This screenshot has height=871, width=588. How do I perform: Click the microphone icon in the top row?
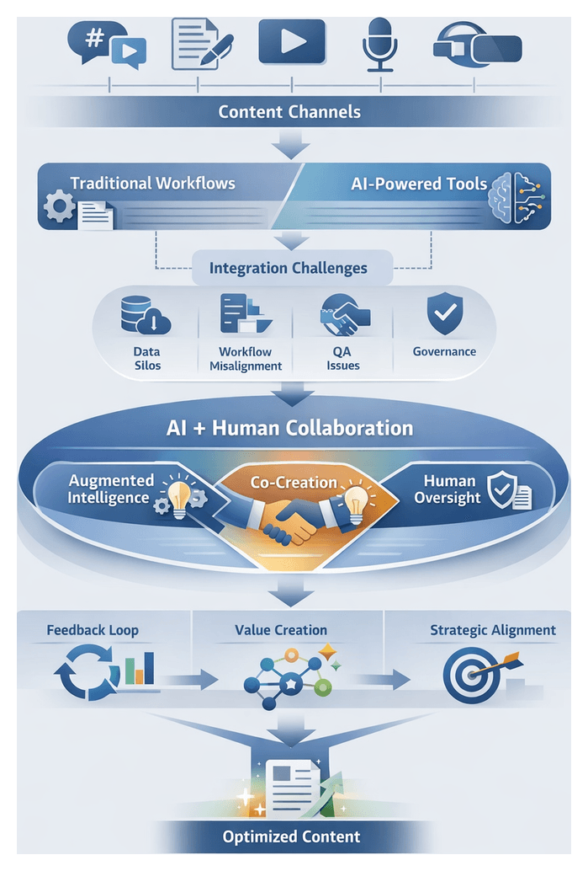[x=380, y=43]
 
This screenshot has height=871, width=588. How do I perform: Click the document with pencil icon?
[x=199, y=43]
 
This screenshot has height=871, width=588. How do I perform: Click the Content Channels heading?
[x=289, y=111]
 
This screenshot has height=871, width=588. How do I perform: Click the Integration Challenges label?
[x=289, y=269]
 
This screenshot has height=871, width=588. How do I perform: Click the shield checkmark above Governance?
[x=443, y=313]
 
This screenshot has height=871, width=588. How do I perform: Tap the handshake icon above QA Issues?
[x=342, y=317]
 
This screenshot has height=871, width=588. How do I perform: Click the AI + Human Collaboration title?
[x=289, y=427]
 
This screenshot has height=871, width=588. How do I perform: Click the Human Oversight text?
[x=449, y=489]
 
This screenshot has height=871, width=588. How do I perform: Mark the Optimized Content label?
[x=291, y=836]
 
